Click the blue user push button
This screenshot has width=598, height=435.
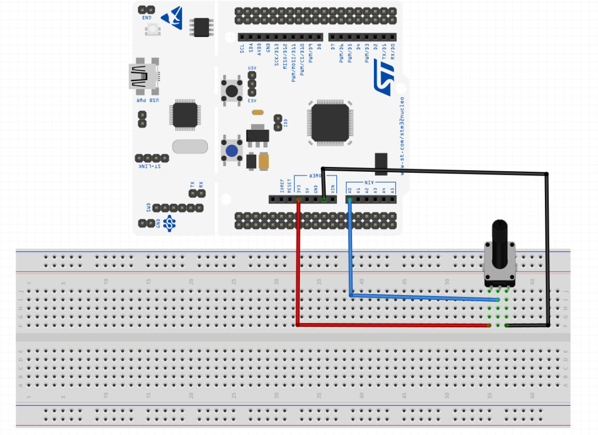232,150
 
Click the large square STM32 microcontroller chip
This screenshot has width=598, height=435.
330,123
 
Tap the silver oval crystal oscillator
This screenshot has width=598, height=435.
186,147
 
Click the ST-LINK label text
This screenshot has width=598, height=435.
151,167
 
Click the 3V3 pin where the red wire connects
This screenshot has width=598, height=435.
298,199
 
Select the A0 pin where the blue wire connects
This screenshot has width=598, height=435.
349,199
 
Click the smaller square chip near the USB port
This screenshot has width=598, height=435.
185,115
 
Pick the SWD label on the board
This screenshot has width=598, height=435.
149,208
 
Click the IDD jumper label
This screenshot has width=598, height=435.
285,124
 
